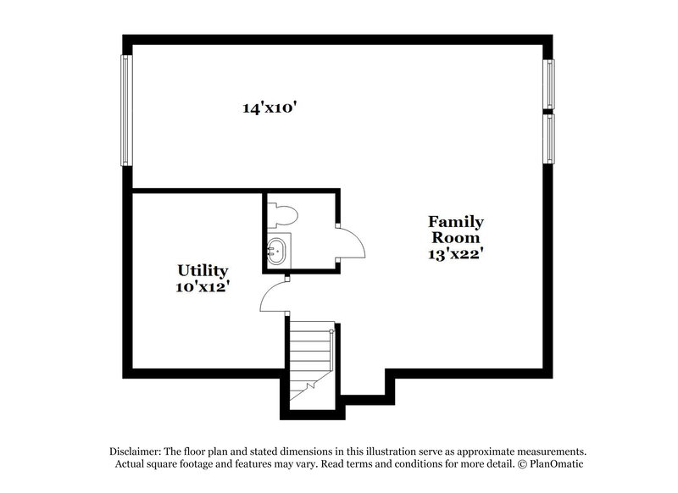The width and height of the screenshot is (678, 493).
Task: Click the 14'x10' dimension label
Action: [x=269, y=108]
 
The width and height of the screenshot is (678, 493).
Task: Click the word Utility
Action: [x=203, y=270]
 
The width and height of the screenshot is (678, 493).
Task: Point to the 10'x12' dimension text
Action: [x=203, y=286]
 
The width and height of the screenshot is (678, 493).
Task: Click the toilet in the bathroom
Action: [x=280, y=213]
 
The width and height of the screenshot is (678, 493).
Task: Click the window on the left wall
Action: [x=126, y=111]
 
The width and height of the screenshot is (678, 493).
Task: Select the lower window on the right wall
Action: [x=549, y=138]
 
